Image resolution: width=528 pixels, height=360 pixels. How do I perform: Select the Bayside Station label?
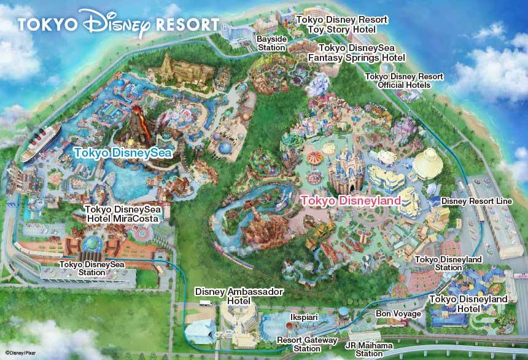pyautogui.click(x=271, y=43)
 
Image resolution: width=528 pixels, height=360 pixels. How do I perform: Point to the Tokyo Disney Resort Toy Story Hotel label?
pyautogui.click(x=342, y=24)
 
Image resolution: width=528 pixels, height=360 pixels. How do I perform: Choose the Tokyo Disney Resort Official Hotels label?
pyautogui.click(x=404, y=80)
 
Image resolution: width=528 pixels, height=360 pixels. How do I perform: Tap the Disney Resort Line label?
pyautogui.click(x=476, y=201)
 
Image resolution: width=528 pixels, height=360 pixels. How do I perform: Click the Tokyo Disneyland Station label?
pyautogui.click(x=448, y=264)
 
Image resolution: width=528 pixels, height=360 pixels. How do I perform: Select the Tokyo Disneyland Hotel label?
pyautogui.click(x=468, y=303)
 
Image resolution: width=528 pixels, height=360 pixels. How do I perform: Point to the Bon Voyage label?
pyautogui.click(x=398, y=314)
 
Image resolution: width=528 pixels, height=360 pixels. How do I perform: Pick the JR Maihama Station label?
pyautogui.click(x=369, y=349)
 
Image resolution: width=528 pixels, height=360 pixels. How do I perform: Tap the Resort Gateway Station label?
pyautogui.click(x=307, y=344)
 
